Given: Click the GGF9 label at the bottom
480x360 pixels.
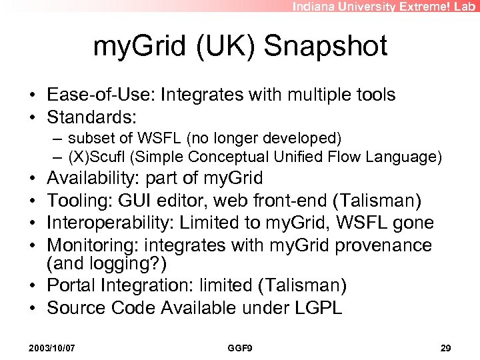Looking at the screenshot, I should [x=239, y=349].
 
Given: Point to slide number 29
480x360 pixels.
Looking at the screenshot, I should [x=447, y=349].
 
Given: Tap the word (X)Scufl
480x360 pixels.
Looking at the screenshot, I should [x=97, y=157].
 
